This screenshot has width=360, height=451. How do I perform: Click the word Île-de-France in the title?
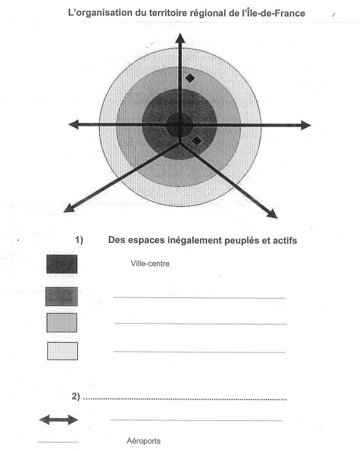pyautogui.click(x=274, y=13)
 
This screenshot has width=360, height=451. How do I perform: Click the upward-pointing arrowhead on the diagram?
pyautogui.click(x=180, y=39)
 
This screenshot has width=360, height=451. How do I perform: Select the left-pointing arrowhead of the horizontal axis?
pyautogui.click(x=73, y=124)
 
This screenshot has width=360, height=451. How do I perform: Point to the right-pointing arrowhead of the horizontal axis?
pyautogui.click(x=306, y=125)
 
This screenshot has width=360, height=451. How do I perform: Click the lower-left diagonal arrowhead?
pyautogui.click(x=69, y=208)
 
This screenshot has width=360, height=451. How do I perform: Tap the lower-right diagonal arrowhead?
pyautogui.click(x=272, y=214)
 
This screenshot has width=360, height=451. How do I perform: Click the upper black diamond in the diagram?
pyautogui.click(x=190, y=78)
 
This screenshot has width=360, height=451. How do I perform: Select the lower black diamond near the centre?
pyautogui.click(x=197, y=141)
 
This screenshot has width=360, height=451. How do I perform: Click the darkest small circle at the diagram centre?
pyautogui.click(x=179, y=125)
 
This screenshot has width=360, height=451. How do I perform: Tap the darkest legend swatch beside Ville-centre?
pyautogui.click(x=62, y=264)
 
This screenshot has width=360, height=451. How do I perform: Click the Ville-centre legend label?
pyautogui.click(x=150, y=264)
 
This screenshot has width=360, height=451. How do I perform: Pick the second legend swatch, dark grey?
pyautogui.click(x=62, y=296)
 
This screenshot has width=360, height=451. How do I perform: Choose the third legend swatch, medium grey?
pyautogui.click(x=62, y=322)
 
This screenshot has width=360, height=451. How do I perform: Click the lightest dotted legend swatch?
pyautogui.click(x=62, y=351)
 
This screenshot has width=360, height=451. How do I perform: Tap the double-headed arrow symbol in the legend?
pyautogui.click(x=59, y=420)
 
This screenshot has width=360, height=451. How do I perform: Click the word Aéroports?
pyautogui.click(x=144, y=441)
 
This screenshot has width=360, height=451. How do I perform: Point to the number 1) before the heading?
pyautogui.click(x=79, y=240)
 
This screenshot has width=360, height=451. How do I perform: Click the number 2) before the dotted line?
pyautogui.click(x=76, y=397)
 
